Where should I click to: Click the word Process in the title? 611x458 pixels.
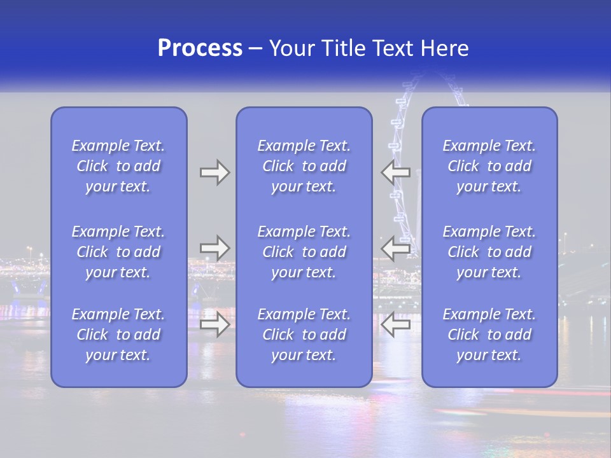click(200, 48)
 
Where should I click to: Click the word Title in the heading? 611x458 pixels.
click(344, 48)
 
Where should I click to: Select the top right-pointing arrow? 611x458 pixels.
click(214, 172)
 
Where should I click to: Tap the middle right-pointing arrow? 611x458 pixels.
click(214, 248)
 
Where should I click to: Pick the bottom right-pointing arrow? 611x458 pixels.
click(214, 324)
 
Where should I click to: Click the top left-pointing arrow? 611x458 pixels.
click(395, 172)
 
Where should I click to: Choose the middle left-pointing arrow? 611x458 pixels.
click(395, 248)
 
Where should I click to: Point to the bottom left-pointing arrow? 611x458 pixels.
click(395, 324)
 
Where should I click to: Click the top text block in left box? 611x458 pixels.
click(118, 166)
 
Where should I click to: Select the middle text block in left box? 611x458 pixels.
click(118, 252)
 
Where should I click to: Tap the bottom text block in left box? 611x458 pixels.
click(118, 335)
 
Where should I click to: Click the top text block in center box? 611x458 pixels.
click(304, 166)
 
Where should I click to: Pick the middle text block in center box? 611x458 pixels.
click(304, 252)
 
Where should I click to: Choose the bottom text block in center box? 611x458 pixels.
click(304, 335)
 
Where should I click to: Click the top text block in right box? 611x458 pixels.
click(489, 166)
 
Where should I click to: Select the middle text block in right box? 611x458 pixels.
click(489, 252)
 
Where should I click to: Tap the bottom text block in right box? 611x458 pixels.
click(489, 335)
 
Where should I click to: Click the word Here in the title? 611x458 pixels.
click(445, 48)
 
